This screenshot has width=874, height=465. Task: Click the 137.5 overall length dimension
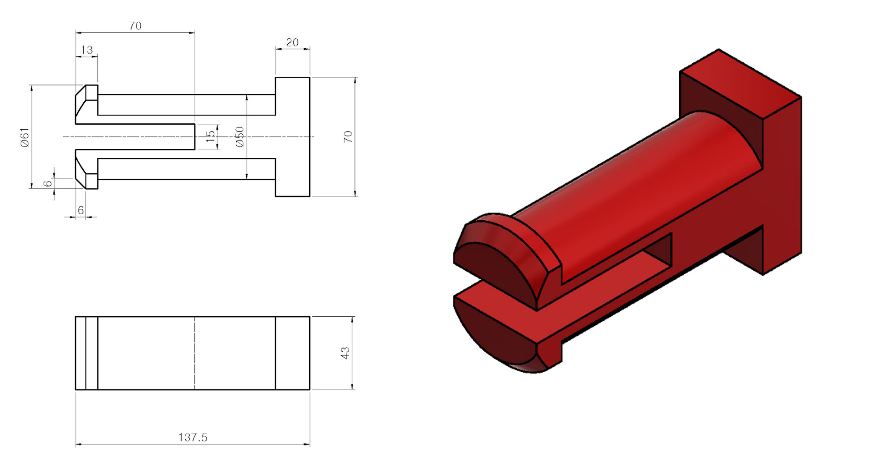pyautogui.click(x=193, y=437)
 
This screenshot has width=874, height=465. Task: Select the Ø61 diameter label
pyautogui.click(x=25, y=137)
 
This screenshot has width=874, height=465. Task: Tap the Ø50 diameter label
pyautogui.click(x=240, y=136)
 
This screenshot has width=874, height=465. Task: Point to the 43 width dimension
pyautogui.click(x=345, y=353)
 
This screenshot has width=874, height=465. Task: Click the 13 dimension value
pyautogui.click(x=86, y=50)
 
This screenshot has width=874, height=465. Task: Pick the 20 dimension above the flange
pyautogui.click(x=292, y=42)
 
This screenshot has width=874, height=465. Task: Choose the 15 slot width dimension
pyautogui.click(x=210, y=136)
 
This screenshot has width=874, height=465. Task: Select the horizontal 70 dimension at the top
pyautogui.click(x=135, y=26)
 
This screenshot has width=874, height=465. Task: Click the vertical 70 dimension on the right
pyautogui.click(x=348, y=136)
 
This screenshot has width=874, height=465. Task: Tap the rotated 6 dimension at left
pyautogui.click(x=48, y=183)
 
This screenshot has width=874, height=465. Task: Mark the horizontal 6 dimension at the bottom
pyautogui.click(x=81, y=210)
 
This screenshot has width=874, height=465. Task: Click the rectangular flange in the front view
pyautogui.click(x=293, y=136)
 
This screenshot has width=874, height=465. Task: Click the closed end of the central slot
pyautogui.click(x=194, y=136)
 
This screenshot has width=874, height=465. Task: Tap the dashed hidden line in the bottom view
pyautogui.click(x=195, y=353)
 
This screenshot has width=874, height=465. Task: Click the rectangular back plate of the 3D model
pyautogui.click(x=781, y=182)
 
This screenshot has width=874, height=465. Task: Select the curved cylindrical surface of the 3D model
pyautogui.click(x=637, y=182)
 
